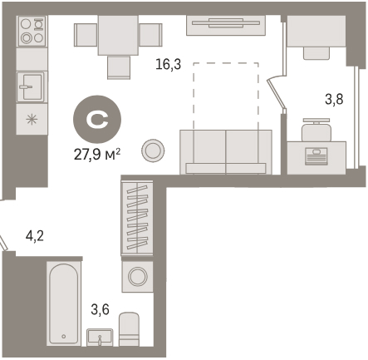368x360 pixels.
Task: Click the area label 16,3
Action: (x=168, y=65)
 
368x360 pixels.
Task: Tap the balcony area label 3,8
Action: (x=334, y=99)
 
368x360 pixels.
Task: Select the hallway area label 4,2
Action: (x=35, y=237)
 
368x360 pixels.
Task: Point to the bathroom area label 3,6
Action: (x=101, y=309)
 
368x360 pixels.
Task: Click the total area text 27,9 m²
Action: (x=97, y=155)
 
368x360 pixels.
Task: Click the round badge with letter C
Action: (x=97, y=119)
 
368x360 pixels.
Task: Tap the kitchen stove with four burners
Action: (x=32, y=31)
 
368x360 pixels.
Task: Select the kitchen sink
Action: (x=31, y=86)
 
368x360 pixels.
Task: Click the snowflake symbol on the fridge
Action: (x=32, y=120)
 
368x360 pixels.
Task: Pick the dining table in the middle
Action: (x=118, y=35)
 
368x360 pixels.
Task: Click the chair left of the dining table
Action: (x=86, y=35)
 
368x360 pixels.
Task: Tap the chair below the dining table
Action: (x=119, y=68)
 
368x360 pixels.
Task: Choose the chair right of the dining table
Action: (x=150, y=35)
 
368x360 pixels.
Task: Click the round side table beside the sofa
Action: (x=153, y=150)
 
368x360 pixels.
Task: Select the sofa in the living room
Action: (x=226, y=152)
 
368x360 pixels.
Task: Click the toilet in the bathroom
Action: (x=129, y=329)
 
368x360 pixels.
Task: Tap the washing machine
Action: (x=137, y=277)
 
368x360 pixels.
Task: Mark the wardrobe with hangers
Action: (x=137, y=218)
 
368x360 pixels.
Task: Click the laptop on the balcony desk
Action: (x=316, y=156)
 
